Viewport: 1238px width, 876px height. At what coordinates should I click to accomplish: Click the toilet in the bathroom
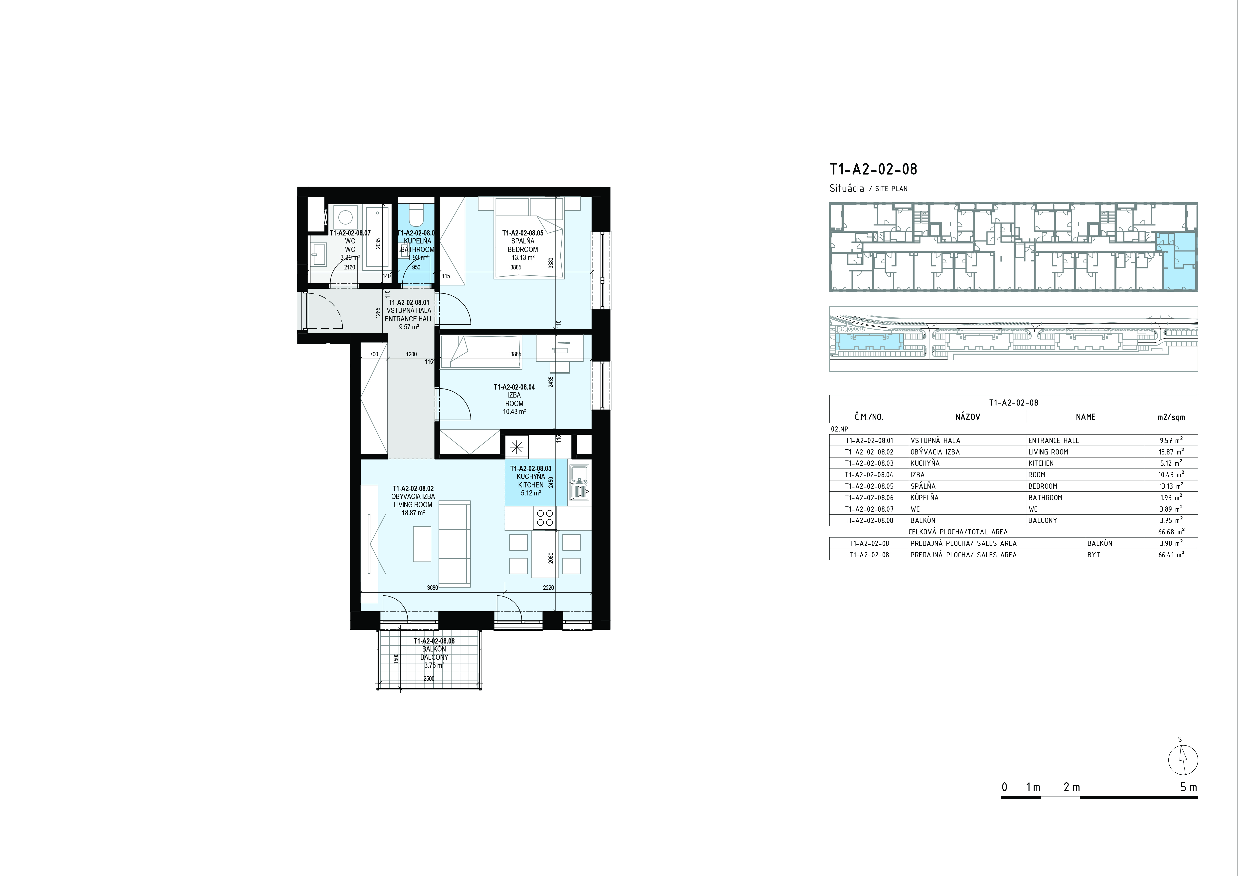pos(416,217)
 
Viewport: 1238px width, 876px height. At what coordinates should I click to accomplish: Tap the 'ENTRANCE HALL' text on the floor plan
pos(409,319)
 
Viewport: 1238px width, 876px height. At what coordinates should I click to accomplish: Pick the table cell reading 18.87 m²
pos(1171,451)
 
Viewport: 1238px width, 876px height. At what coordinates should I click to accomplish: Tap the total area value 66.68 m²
pos(1171,532)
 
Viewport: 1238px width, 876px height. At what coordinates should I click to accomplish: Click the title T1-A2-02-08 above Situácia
pos(873,169)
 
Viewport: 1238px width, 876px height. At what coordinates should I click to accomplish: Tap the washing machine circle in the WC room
pos(346,218)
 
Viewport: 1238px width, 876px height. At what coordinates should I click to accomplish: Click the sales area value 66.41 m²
pos(1171,555)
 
